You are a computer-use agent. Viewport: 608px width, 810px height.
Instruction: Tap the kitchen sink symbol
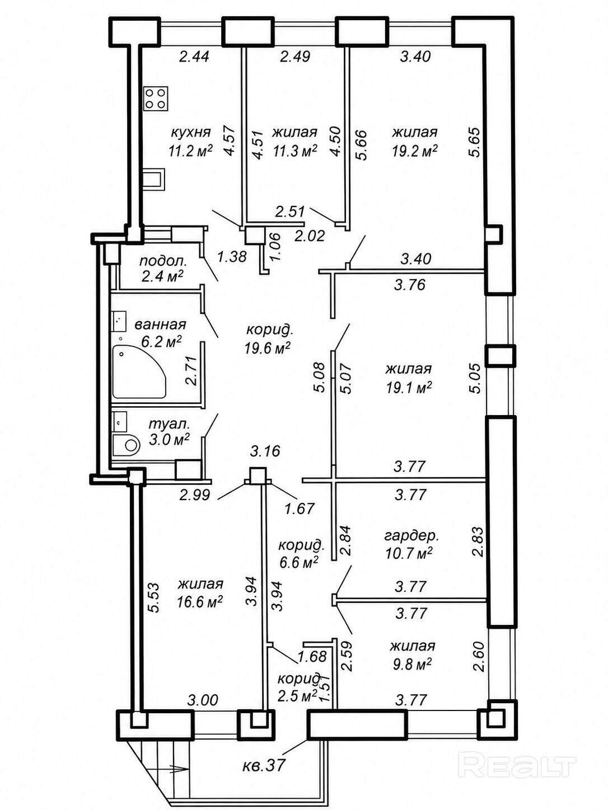155,180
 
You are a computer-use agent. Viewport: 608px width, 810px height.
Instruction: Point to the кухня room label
191,132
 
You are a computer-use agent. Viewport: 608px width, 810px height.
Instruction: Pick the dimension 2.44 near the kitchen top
194,56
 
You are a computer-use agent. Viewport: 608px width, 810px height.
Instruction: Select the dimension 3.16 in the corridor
265,451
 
